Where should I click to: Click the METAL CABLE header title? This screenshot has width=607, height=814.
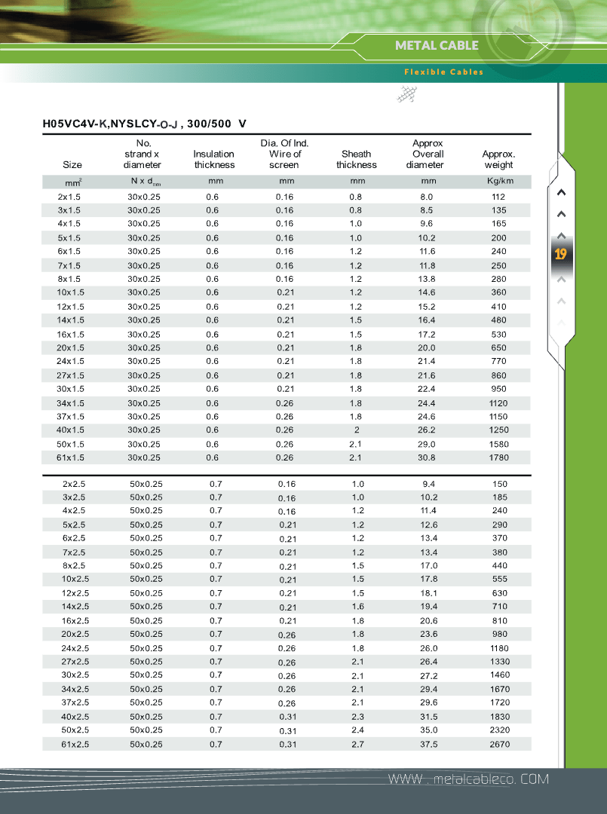pos(437,45)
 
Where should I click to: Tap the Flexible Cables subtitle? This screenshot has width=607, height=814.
pos(443,72)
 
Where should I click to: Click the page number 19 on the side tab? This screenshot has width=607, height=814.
pos(560,255)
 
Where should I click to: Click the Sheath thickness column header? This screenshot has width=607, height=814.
pos(357,159)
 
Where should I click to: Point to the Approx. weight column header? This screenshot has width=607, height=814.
pos(498,159)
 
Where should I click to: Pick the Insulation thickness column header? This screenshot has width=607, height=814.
pos(214,159)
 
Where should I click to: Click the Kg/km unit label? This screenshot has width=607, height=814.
pos(500,182)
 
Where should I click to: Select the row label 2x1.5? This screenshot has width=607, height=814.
pos(69,197)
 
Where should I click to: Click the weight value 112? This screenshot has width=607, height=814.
pos(498,197)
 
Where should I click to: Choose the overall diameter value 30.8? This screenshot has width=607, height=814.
pos(428,457)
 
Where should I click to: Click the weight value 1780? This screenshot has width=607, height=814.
pos(499,457)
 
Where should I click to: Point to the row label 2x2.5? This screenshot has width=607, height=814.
pos(74,484)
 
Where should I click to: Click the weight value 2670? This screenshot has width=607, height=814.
pos(500,745)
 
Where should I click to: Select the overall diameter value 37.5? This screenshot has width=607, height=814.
pos(428,745)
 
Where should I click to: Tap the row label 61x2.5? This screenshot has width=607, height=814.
pos(75,745)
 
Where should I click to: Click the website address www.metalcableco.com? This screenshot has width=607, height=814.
pos(468,779)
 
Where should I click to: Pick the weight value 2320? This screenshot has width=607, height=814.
pos(500,730)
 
